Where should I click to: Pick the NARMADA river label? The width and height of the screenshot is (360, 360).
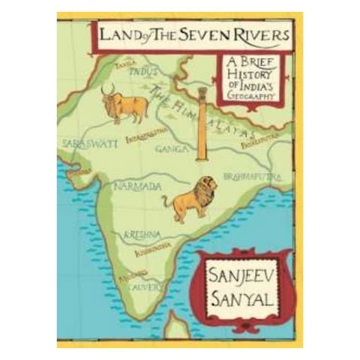pyautogui.click(x=135, y=184)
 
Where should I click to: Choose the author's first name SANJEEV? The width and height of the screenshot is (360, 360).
pyautogui.click(x=238, y=260)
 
